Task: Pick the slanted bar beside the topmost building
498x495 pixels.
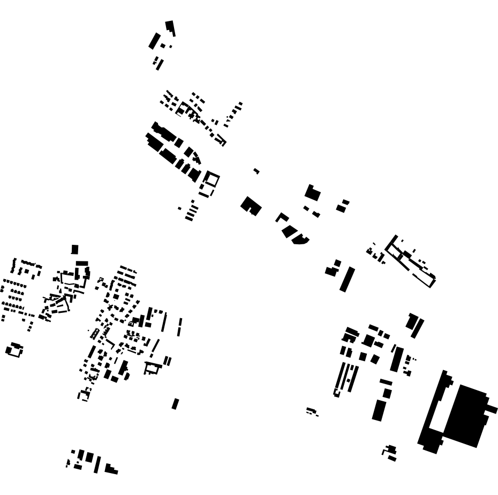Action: point(154,41)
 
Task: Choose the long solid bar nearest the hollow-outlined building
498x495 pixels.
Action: point(347,279)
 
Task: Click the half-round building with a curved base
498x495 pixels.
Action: point(300,239)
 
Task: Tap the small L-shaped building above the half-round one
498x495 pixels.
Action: point(282,217)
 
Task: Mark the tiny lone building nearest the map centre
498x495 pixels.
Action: point(256,171)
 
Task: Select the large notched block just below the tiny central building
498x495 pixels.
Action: point(251,206)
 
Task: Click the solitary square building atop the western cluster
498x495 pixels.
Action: point(75,249)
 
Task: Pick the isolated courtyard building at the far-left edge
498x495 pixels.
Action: point(14,350)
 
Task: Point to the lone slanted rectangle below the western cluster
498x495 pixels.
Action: point(175,403)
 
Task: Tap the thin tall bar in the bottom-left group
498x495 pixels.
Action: point(97,464)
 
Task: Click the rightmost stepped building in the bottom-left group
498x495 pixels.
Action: point(111,470)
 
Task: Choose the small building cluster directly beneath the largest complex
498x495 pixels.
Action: point(390,453)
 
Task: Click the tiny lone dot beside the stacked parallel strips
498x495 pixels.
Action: point(179,208)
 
